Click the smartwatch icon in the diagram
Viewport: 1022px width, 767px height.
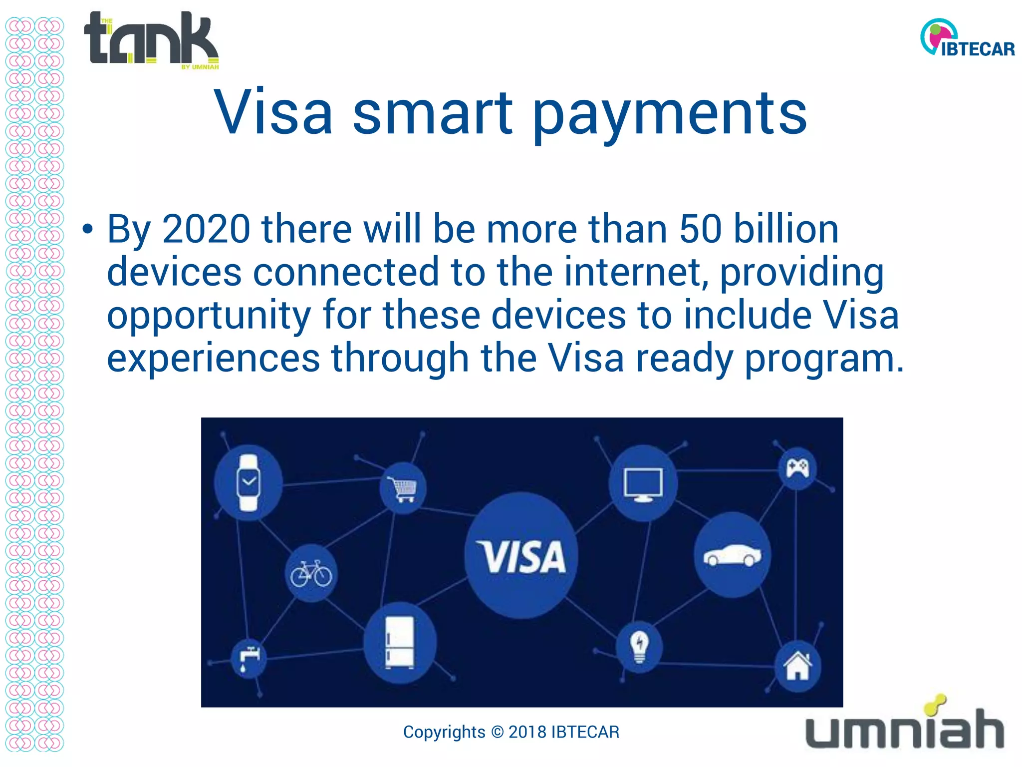tap(248, 483)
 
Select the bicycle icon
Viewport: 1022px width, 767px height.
tap(311, 573)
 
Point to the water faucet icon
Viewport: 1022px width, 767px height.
tap(249, 658)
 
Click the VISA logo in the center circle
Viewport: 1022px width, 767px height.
tap(521, 556)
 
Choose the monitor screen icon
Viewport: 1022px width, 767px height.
tap(643, 484)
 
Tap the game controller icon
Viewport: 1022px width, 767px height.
tap(797, 468)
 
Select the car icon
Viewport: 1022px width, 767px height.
tap(732, 555)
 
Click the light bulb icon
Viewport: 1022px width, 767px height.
tap(639, 647)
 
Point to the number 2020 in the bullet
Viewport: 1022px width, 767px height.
tap(206, 229)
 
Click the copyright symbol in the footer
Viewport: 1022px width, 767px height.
tap(497, 732)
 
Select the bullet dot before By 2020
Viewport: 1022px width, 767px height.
tap(88, 230)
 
